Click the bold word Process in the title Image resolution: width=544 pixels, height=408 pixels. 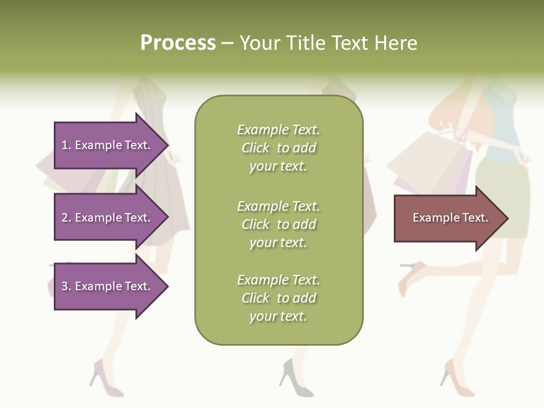pyautogui.click(x=178, y=43)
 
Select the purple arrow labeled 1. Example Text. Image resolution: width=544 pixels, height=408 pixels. pyautogui.click(x=108, y=145)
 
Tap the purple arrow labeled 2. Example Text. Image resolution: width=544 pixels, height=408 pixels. pyautogui.click(x=108, y=218)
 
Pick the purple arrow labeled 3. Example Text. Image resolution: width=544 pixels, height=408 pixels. pyautogui.click(x=108, y=286)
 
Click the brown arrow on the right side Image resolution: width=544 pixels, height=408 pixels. pyautogui.click(x=448, y=218)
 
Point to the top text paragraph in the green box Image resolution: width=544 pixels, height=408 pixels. pyautogui.click(x=278, y=148)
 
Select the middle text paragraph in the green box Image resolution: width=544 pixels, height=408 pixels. pyautogui.click(x=278, y=224)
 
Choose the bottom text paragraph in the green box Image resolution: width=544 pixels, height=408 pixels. pyautogui.click(x=278, y=298)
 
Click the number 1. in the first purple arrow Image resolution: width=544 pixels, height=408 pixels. pyautogui.click(x=66, y=145)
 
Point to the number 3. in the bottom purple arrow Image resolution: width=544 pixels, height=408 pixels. pyautogui.click(x=66, y=286)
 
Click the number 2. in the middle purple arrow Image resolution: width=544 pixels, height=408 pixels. pyautogui.click(x=66, y=218)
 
